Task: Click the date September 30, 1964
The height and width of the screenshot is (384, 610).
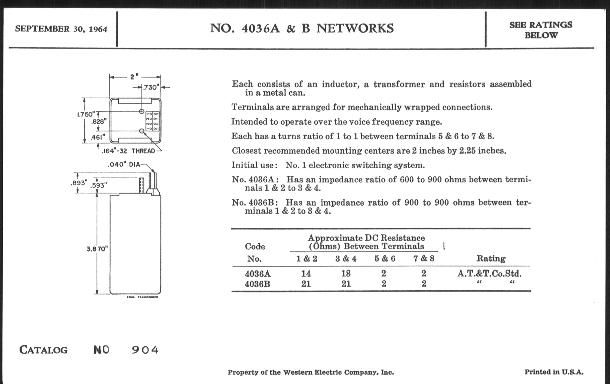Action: (61, 29)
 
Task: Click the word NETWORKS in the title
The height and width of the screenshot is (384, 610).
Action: (355, 28)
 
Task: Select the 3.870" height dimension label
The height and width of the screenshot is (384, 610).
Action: (97, 249)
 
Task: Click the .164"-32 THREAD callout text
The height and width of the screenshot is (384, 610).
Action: (128, 151)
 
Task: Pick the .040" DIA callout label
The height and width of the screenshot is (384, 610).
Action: (124, 165)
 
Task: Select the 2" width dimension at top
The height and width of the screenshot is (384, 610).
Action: (134, 77)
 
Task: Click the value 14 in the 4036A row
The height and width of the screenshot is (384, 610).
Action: (306, 274)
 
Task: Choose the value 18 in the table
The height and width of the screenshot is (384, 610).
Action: (346, 274)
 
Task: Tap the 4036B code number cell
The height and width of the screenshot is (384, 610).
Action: (257, 284)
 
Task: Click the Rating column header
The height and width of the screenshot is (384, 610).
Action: (491, 259)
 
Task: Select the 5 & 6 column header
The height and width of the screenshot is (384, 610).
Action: (385, 259)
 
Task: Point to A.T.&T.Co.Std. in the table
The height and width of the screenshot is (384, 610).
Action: (489, 274)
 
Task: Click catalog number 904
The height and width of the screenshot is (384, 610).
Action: (145, 350)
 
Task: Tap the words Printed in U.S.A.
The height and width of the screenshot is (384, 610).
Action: (554, 372)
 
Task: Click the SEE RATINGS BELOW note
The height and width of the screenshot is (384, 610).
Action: (541, 30)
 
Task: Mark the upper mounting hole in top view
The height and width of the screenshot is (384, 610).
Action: (142, 111)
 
